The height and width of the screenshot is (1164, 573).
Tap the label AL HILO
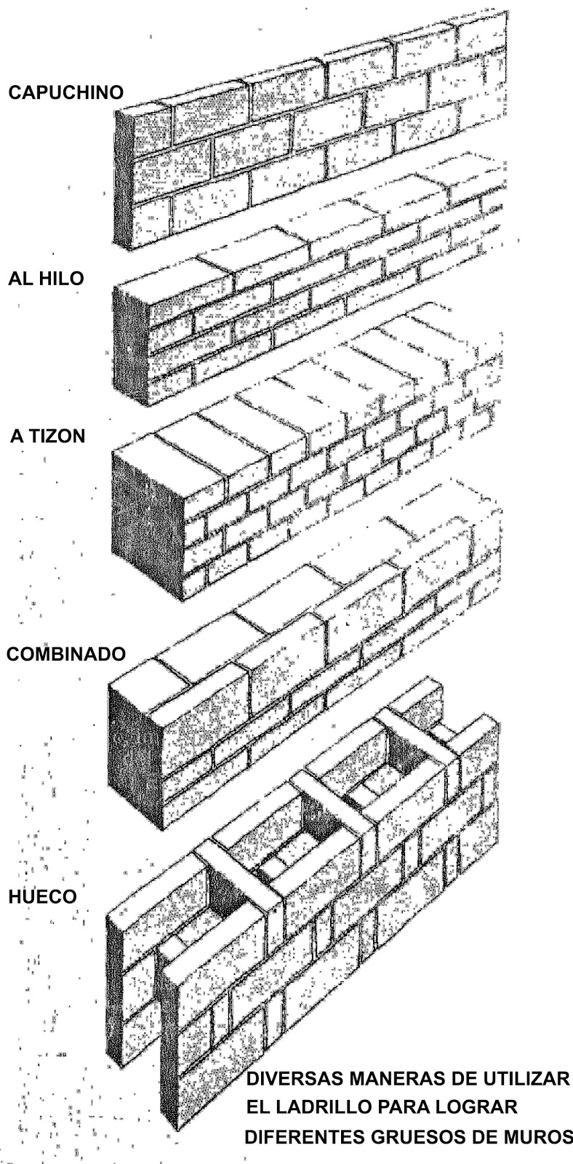pyautogui.click(x=46, y=279)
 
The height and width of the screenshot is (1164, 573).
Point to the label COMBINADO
pyautogui.click(x=66, y=653)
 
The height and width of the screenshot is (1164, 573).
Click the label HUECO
pyautogui.click(x=42, y=896)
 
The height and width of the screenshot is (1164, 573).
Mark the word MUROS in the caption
pyautogui.click(x=539, y=1136)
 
